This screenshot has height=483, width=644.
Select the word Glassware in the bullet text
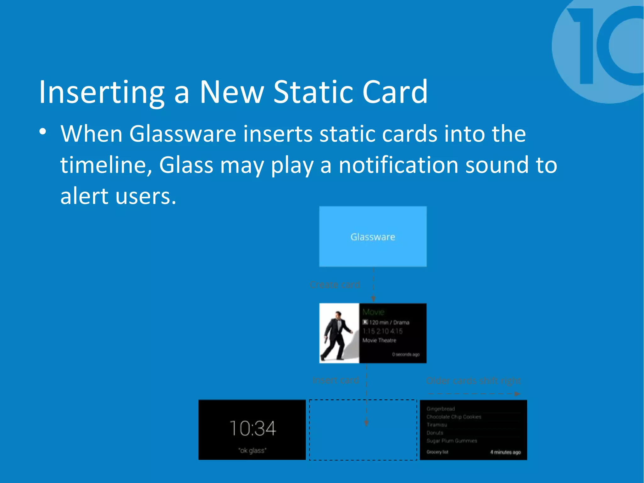pyautogui.click(x=182, y=134)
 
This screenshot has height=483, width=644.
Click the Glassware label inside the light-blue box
pyautogui.click(x=373, y=237)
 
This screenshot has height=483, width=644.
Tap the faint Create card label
pyautogui.click(x=335, y=285)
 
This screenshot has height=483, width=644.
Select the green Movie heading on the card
pyautogui.click(x=373, y=312)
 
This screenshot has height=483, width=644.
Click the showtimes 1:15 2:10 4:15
pyautogui.click(x=382, y=331)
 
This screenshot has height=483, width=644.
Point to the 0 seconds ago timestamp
pyautogui.click(x=406, y=354)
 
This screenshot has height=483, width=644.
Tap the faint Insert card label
pyautogui.click(x=336, y=380)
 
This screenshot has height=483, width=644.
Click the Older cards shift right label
pyautogui.click(x=473, y=381)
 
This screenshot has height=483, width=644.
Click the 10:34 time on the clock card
pyautogui.click(x=253, y=428)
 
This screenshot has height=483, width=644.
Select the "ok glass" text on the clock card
pyautogui.click(x=252, y=450)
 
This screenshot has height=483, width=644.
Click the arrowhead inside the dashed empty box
pyautogui.click(x=366, y=423)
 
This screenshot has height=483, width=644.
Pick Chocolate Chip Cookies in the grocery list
pyautogui.click(x=454, y=417)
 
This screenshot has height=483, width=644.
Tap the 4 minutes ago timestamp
pyautogui.click(x=505, y=452)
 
